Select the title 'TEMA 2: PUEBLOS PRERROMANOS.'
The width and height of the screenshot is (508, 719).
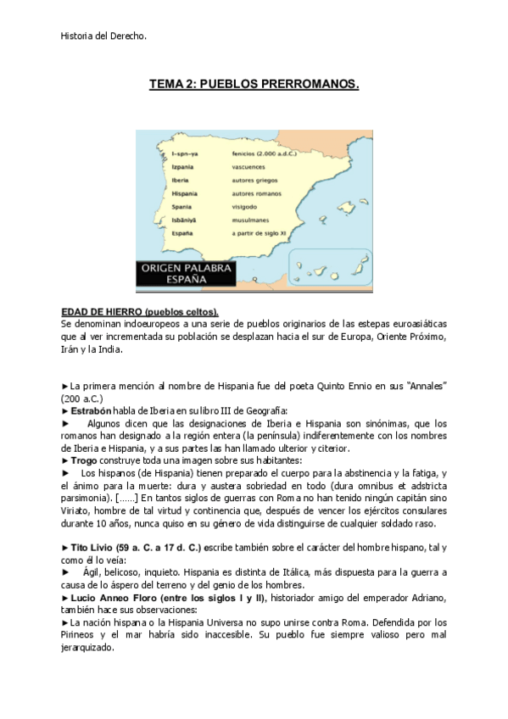[254, 85]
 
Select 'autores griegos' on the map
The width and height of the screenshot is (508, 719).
[254, 181]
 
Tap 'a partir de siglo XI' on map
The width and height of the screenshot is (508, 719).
[261, 231]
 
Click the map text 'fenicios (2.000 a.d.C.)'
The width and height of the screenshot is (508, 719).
[265, 154]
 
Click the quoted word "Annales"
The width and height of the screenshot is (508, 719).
[427, 386]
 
